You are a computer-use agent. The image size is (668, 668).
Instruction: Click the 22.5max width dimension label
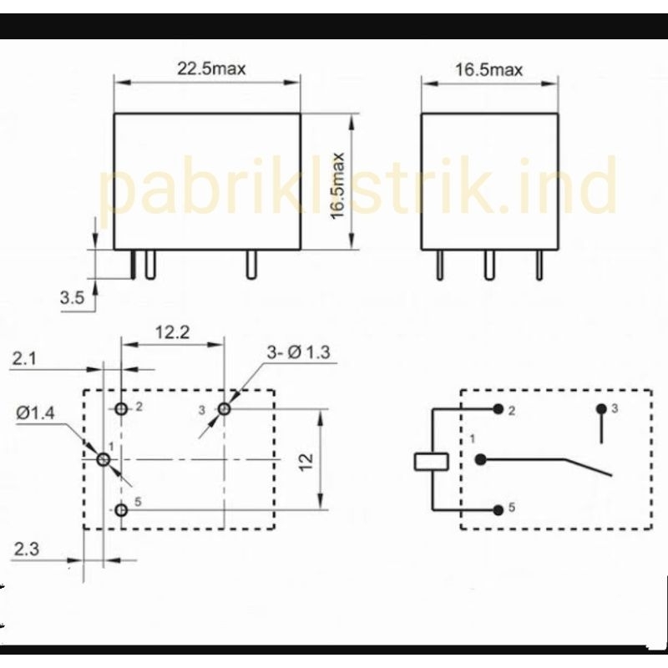click(x=211, y=68)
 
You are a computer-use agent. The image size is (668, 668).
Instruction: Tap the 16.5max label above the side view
click(x=488, y=69)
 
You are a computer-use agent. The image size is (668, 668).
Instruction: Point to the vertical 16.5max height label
click(x=337, y=186)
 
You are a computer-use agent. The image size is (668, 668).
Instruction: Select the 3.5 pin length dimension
click(x=72, y=297)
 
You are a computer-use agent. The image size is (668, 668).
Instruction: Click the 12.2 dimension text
click(x=172, y=331)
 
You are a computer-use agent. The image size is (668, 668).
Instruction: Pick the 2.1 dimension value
click(x=24, y=359)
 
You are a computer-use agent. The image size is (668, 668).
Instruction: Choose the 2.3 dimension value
click(x=27, y=549)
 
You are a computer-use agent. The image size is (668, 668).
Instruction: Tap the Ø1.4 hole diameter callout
click(x=35, y=412)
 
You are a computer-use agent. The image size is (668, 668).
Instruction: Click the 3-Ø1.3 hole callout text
click(x=298, y=352)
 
